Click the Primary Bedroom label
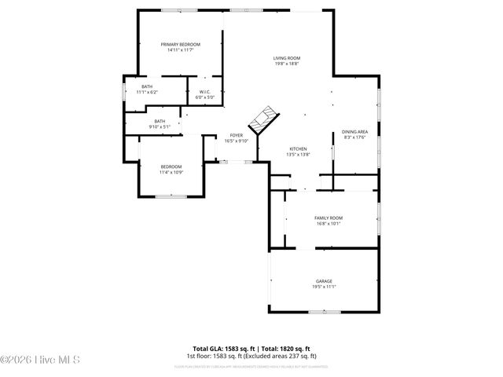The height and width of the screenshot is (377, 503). coord(181,45)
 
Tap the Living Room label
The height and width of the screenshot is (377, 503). coord(287,58)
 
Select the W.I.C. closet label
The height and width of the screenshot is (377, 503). coord(204,92)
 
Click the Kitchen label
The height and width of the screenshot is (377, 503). coord(298,149)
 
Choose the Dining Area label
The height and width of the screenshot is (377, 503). coord(355,132)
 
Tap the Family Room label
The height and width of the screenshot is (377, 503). coord(329,218)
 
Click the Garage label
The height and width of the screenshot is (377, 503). coord(324,281)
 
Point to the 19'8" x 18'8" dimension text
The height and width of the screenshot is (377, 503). coord(287,64)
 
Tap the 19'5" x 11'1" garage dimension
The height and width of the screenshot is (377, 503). coord(324,287)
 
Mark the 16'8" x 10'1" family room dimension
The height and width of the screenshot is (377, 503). coord(329,223)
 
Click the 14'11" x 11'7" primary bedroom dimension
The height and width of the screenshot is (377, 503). coord(181,50)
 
